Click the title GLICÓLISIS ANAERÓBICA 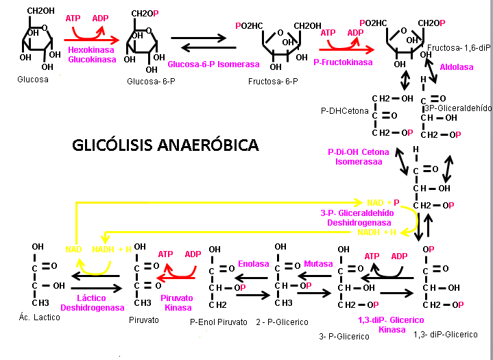tap(165, 145)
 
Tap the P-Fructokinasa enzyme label tap(343, 62)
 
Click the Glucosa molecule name tap(33, 80)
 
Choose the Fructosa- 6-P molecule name tap(274, 80)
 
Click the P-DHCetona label tap(344, 110)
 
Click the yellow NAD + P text tap(383, 203)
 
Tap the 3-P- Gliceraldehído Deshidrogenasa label tap(358, 219)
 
